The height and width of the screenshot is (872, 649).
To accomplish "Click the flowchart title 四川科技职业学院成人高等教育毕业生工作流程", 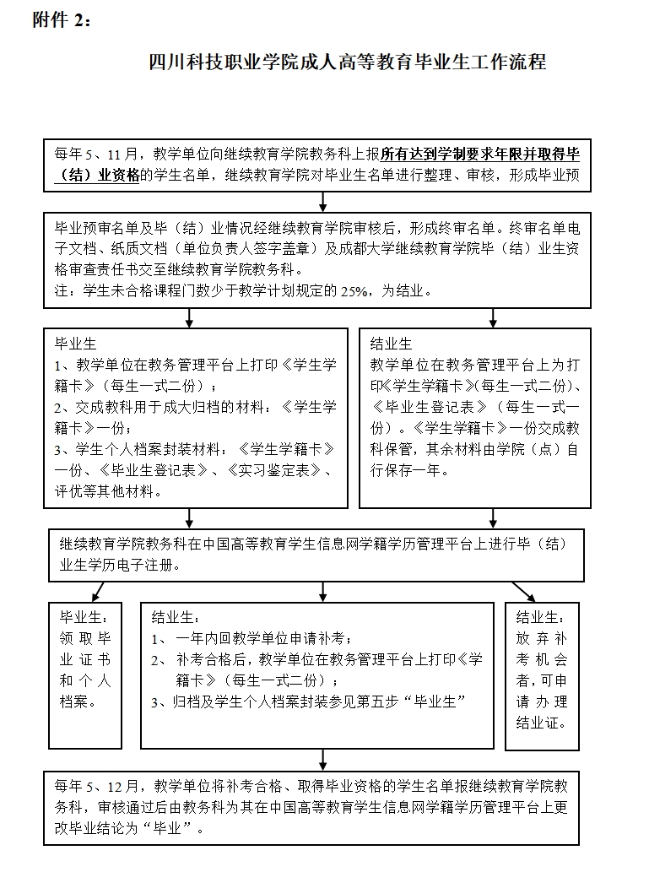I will click(x=347, y=62).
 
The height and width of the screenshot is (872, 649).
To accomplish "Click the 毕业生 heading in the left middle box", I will click(x=75, y=344).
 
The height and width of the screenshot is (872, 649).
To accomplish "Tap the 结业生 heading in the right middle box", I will click(x=391, y=344).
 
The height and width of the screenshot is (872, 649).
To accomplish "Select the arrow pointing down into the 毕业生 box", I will click(x=189, y=318).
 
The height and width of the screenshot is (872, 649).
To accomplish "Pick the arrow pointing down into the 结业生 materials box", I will click(x=494, y=318).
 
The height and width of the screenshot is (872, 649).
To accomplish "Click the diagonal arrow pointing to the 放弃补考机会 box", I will click(x=523, y=591).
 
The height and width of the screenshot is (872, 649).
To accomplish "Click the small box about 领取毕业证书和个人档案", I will click(x=84, y=658).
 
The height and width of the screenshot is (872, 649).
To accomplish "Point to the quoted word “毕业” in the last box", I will click(x=172, y=828).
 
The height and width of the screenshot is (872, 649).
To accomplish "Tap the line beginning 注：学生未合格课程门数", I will click(x=245, y=291).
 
